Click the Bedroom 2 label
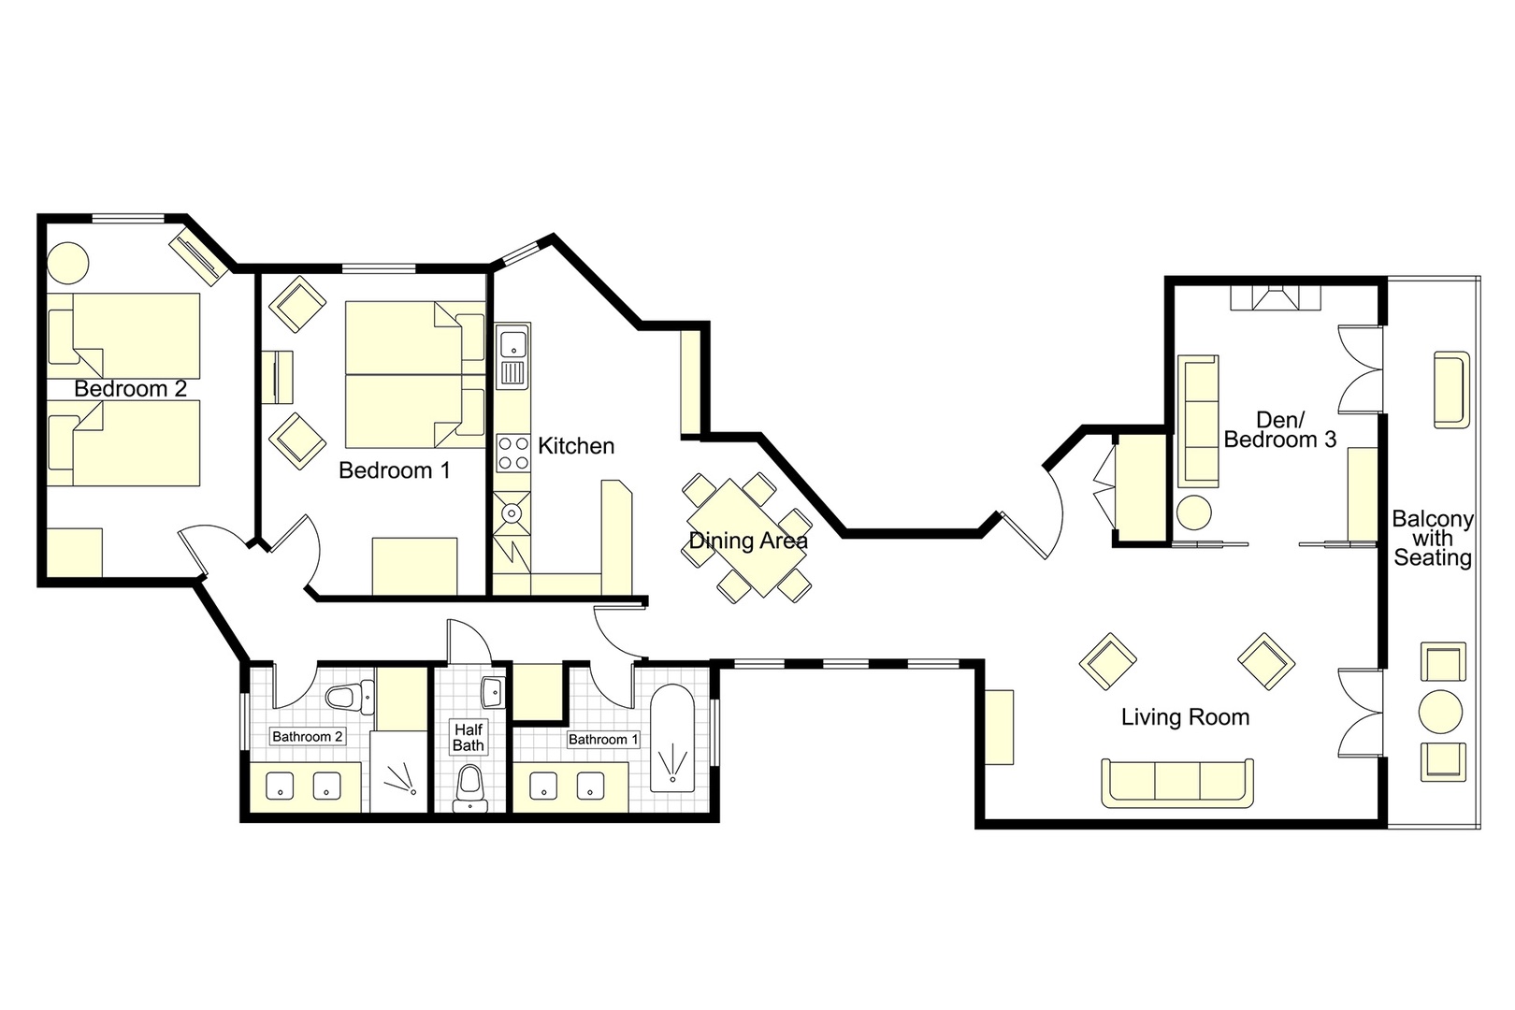click(131, 389)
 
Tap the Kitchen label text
click(576, 446)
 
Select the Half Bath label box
click(469, 737)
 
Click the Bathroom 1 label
click(603, 739)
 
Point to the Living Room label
click(1185, 717)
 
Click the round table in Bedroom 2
click(68, 263)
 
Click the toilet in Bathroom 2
click(348, 696)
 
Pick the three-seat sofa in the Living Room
click(1177, 782)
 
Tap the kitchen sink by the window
click(512, 345)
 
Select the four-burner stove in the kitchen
click(512, 454)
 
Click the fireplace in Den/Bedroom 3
click(1276, 298)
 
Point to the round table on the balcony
click(1440, 712)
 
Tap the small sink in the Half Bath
click(492, 693)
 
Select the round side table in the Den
click(1194, 512)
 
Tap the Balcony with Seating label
click(1432, 539)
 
